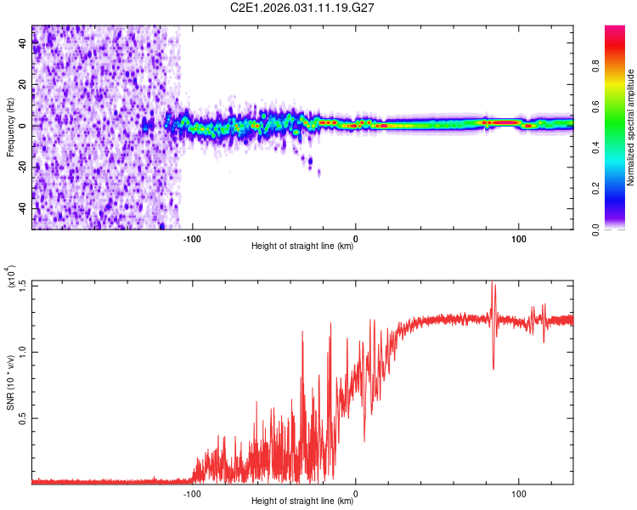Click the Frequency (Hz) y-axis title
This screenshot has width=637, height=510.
tap(9, 127)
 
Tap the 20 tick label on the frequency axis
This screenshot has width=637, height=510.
tap(23, 85)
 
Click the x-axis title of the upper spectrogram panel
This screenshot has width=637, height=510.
tap(302, 246)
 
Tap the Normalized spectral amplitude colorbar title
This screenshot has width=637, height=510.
tap(631, 127)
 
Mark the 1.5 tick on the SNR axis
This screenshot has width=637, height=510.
tap(22, 284)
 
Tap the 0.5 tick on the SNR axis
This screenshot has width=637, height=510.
tap(22, 417)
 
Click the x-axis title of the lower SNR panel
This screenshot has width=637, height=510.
tap(302, 501)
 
